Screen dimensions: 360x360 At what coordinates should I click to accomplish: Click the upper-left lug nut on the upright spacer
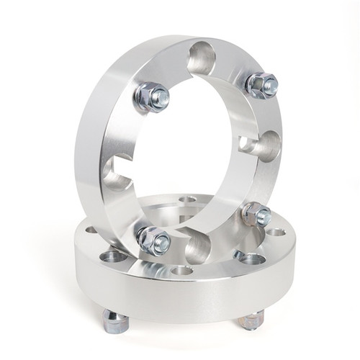coord(150,96)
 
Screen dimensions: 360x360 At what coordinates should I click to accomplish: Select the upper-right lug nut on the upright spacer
coord(261,85)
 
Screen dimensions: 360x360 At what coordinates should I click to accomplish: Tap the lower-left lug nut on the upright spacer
coord(153,240)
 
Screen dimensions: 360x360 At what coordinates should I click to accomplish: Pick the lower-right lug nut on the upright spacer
coord(256,214)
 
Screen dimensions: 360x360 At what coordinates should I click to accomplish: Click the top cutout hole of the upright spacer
coord(202,58)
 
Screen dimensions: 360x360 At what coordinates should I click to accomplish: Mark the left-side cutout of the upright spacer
coord(117,173)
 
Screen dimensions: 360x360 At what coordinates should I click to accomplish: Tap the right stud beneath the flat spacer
coord(250,320)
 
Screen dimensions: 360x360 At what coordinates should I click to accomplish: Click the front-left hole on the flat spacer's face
coord(113,256)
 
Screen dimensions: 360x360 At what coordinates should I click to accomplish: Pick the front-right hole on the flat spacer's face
coord(248,257)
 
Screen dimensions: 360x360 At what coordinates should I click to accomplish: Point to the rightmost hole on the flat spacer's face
coord(275,233)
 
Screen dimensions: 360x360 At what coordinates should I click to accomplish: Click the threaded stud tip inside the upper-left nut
coord(161,96)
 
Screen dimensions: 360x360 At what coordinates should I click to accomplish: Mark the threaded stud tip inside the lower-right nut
coord(264,215)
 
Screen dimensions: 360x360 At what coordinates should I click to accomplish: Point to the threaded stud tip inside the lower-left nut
coord(161,242)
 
